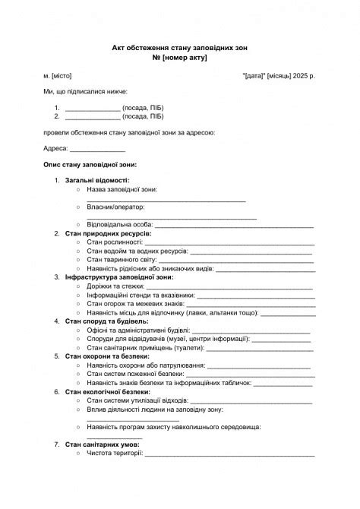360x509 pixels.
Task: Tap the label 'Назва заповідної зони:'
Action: click(x=122, y=189)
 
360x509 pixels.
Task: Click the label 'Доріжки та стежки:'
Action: click(x=115, y=286)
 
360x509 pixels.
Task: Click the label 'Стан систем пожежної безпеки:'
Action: click(x=135, y=375)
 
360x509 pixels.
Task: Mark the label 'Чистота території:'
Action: click(x=115, y=454)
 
